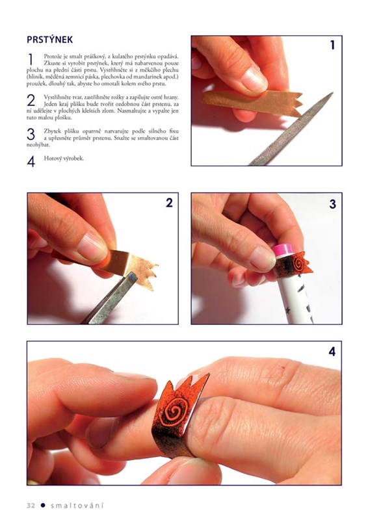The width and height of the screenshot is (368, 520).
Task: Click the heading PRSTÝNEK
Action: coord(50,40)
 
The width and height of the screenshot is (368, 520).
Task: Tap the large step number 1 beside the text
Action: coord(31,60)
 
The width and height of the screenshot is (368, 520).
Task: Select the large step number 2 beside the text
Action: coord(31,100)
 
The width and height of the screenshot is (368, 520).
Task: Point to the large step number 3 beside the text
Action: coord(31,134)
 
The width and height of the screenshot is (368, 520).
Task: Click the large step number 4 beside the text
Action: coord(31,161)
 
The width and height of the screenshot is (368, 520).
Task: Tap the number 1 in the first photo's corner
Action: coord(332,45)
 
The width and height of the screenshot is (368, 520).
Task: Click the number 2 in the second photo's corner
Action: coord(169,203)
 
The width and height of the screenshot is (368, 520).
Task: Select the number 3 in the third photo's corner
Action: coord(332,204)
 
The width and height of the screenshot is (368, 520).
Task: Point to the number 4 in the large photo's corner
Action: coord(332,352)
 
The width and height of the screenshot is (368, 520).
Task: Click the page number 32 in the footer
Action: coord(31,506)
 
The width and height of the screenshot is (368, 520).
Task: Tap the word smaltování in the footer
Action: coord(77,506)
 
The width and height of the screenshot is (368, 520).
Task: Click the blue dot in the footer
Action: coord(43,506)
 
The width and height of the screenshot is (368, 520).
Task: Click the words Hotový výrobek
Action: coord(64,158)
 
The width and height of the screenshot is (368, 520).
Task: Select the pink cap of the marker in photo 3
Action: coord(282,250)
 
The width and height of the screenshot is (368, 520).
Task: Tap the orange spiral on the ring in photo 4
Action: coord(174,412)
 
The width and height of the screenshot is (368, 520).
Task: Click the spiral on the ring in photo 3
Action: coord(298,264)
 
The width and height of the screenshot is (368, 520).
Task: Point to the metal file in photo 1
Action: coord(291,129)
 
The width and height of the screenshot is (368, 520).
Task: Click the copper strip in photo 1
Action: coord(252,101)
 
